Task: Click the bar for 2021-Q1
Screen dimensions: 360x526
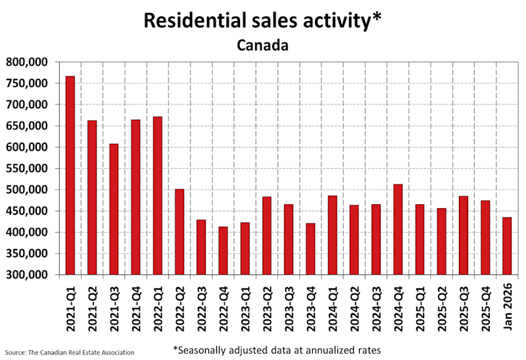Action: point(70,175)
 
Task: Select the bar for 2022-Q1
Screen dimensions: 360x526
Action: point(157,196)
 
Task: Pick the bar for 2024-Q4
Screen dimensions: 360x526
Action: point(398,229)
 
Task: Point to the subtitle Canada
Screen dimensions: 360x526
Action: point(262,46)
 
